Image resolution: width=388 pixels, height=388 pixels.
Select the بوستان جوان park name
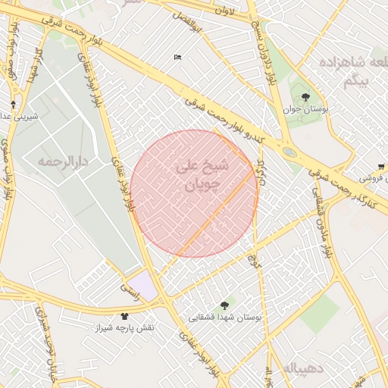[x=306, y=109]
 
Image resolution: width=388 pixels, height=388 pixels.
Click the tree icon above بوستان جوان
[x=305, y=96]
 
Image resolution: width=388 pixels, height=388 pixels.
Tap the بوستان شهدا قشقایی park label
[x=225, y=318]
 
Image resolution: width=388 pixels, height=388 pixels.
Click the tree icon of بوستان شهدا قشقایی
[x=224, y=305]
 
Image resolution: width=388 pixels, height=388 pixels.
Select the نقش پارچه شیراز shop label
[x=124, y=328]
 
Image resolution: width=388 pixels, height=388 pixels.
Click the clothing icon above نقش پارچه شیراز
[x=124, y=315]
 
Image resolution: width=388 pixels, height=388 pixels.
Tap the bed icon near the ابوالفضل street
[x=177, y=57]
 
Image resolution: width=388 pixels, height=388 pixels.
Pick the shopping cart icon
[x=380, y=167]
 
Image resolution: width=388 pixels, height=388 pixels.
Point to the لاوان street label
[x=225, y=11]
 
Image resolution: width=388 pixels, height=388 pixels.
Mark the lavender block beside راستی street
[x=144, y=284]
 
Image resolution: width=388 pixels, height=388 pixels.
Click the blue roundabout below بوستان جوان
[x=289, y=152]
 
